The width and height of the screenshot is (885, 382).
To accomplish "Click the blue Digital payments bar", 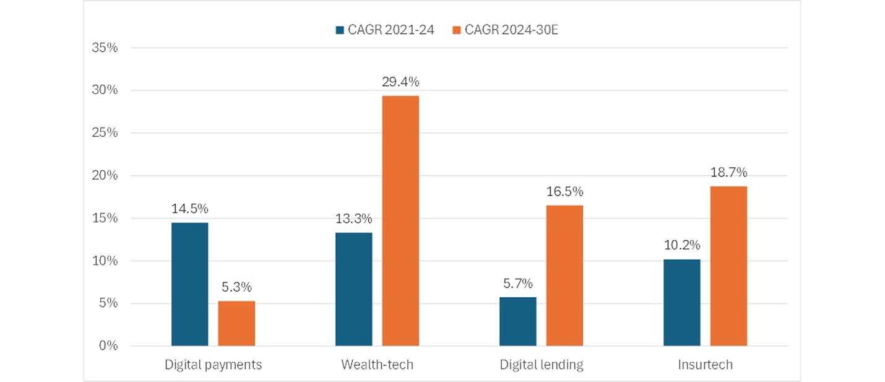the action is click(189, 284).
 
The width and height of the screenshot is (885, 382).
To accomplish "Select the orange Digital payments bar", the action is click(236, 323).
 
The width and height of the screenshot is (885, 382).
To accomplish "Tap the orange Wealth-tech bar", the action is click(400, 220).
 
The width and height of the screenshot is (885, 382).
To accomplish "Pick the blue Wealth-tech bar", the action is click(353, 289).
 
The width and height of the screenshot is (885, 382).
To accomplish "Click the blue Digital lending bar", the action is click(518, 321).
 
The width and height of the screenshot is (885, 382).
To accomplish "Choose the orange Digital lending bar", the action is click(564, 276).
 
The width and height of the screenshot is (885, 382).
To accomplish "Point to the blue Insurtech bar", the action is click(682, 303).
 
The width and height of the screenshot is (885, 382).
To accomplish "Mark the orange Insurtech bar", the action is click(728, 266).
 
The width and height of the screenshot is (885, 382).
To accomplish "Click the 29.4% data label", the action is click(400, 82).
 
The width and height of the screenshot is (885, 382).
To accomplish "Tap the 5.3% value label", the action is click(236, 287).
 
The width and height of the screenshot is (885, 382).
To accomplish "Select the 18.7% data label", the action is click(729, 172).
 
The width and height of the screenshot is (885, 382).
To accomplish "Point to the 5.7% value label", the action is click(518, 283).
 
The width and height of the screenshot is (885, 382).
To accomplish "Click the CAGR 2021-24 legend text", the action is click(391, 30).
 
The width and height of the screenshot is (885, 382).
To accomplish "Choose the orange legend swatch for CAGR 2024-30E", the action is click(457, 30).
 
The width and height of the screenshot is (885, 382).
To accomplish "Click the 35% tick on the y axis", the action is click(105, 48).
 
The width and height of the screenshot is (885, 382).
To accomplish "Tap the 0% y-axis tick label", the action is click(108, 346).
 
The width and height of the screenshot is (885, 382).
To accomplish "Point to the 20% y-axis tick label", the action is click(105, 176).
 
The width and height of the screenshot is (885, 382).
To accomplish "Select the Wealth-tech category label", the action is click(378, 365).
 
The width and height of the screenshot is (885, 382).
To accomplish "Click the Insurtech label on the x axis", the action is click(706, 365).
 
